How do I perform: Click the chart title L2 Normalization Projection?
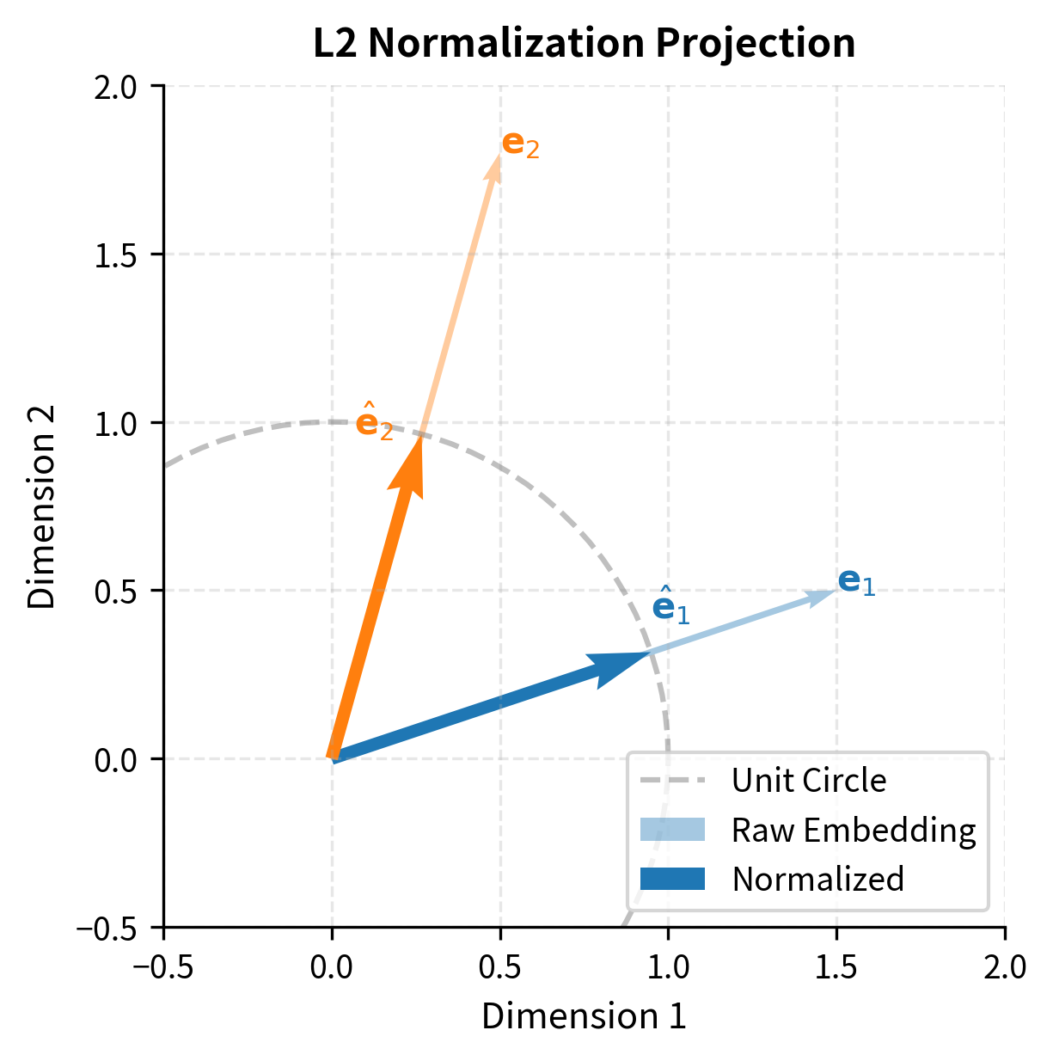(584, 44)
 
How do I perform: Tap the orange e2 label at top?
(520, 144)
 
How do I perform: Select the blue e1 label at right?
(856, 582)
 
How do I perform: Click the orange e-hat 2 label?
(374, 422)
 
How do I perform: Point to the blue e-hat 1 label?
(670, 606)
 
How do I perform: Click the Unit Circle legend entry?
(808, 781)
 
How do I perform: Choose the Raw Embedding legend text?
(854, 831)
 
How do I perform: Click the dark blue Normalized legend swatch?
(672, 879)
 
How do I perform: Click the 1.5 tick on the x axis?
(836, 967)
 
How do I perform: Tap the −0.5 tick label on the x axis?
(162, 967)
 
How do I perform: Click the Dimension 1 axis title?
(584, 1016)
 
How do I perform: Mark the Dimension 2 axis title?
(41, 506)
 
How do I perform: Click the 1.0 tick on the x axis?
(668, 967)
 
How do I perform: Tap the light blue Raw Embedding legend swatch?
(672, 830)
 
